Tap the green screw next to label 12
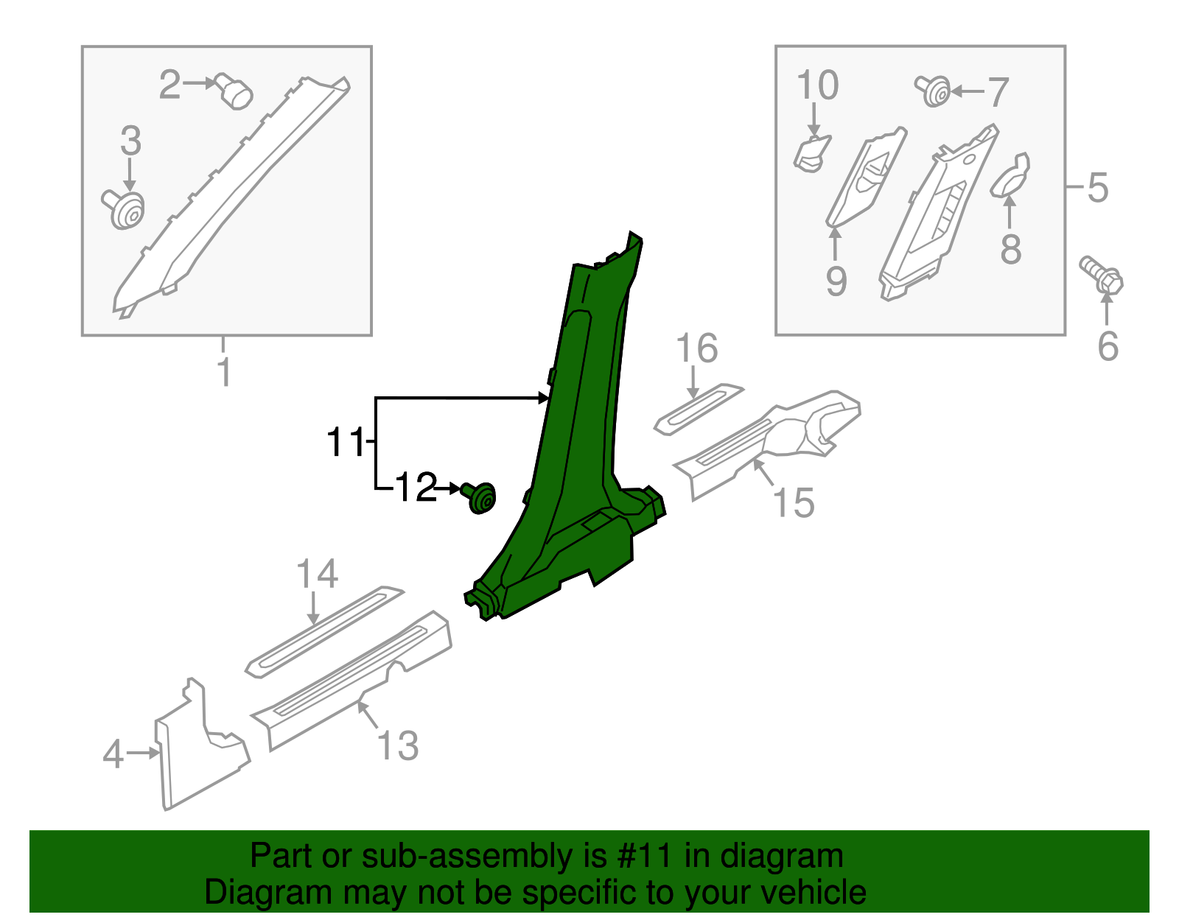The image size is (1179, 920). pyautogui.click(x=479, y=497)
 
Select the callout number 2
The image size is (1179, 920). pyautogui.click(x=169, y=85)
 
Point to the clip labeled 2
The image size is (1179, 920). pyautogui.click(x=234, y=91)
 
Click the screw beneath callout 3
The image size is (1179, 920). pyautogui.click(x=124, y=209)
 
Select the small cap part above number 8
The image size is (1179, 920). pyautogui.click(x=1010, y=174)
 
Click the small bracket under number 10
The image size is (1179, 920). pyautogui.click(x=812, y=154)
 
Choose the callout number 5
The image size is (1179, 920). pyautogui.click(x=1098, y=188)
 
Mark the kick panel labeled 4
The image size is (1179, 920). pyautogui.click(x=202, y=744)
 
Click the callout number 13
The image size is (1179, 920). pyautogui.click(x=398, y=746)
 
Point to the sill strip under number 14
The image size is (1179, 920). pyautogui.click(x=324, y=632)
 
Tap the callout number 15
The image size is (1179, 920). pyautogui.click(x=793, y=502)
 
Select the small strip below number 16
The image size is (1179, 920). pyautogui.click(x=699, y=410)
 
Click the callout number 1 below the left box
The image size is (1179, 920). pyautogui.click(x=223, y=372)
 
